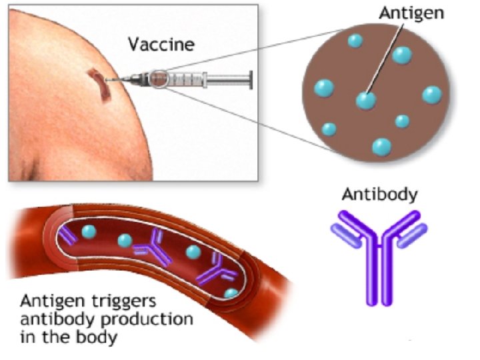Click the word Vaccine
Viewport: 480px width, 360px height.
161,45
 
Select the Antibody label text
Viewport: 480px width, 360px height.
379,195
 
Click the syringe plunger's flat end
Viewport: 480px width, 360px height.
251,79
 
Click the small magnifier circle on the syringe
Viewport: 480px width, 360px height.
159,79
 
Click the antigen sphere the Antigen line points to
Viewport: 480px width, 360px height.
365,100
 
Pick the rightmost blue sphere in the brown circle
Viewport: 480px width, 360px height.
431,94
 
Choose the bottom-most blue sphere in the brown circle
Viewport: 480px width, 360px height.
381,146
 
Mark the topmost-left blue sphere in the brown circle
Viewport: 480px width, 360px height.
354,41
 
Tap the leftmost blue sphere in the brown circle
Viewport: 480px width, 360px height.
324,87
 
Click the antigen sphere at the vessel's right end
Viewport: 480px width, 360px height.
231,293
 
